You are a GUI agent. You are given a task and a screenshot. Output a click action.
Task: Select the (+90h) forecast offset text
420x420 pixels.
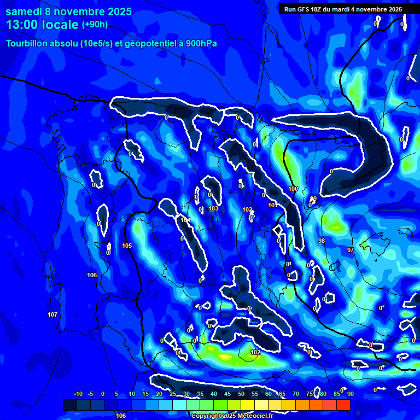[x=95, y=25]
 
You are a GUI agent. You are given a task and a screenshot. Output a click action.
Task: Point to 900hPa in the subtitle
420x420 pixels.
[x=202, y=43]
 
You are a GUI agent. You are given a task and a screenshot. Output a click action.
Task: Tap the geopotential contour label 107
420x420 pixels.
[x=52, y=314]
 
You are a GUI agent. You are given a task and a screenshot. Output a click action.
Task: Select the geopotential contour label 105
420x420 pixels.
[x=127, y=246]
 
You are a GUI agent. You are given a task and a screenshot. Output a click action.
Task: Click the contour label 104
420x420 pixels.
[x=185, y=220]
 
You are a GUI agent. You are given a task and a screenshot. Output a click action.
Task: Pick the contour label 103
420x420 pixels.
[x=213, y=208]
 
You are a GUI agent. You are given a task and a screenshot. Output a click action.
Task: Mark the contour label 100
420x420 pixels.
[x=293, y=189]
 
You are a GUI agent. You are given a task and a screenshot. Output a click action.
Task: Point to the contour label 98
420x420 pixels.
[x=322, y=241]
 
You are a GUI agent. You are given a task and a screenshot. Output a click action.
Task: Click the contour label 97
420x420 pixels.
[x=351, y=250]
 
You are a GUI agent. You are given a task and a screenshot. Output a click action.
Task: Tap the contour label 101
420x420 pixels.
[x=272, y=205]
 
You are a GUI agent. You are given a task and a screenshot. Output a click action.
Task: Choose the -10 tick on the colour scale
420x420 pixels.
[x=78, y=394]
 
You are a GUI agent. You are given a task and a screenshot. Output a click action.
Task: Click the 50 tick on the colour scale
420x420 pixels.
[x=241, y=394]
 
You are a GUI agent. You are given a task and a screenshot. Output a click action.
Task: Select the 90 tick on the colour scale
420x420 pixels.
[x=350, y=394]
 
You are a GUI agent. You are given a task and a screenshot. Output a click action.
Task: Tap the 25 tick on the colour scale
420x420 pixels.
[x=173, y=394]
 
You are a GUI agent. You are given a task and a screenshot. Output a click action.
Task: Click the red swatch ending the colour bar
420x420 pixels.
[x=343, y=405]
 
